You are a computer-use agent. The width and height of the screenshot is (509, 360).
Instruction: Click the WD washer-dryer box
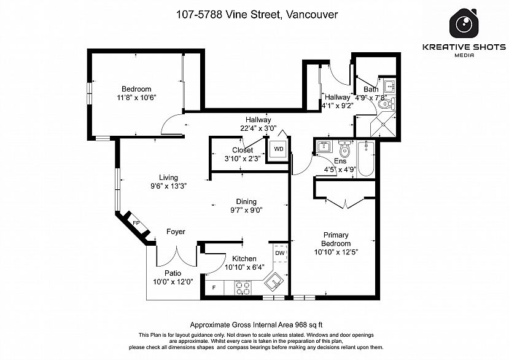(278, 149)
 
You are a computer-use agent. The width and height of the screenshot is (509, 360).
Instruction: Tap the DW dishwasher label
(280, 253)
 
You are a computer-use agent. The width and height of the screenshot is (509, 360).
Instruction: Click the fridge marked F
(214, 288)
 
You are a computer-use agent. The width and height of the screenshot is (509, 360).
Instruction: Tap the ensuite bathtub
(366, 159)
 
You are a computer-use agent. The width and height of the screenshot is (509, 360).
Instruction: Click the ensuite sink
(324, 147)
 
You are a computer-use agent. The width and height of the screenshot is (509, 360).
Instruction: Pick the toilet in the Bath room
(387, 104)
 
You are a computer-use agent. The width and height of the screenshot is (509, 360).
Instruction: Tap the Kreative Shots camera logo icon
(464, 23)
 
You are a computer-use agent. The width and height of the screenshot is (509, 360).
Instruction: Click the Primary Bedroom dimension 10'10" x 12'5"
(336, 252)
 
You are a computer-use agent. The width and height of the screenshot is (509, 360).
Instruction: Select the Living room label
(168, 178)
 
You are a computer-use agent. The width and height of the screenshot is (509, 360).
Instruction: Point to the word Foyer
(176, 232)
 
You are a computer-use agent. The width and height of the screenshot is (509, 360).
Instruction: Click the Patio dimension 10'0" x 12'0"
(173, 282)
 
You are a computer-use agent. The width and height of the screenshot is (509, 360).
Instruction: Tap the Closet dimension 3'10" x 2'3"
(243, 158)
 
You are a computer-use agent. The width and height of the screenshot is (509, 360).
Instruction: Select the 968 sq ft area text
(308, 324)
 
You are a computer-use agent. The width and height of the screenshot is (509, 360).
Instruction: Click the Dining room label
(246, 202)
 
